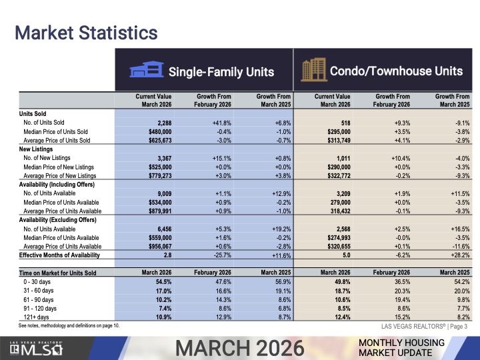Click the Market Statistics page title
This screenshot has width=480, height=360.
(x=86, y=31)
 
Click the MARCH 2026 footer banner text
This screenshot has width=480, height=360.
(x=240, y=347)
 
